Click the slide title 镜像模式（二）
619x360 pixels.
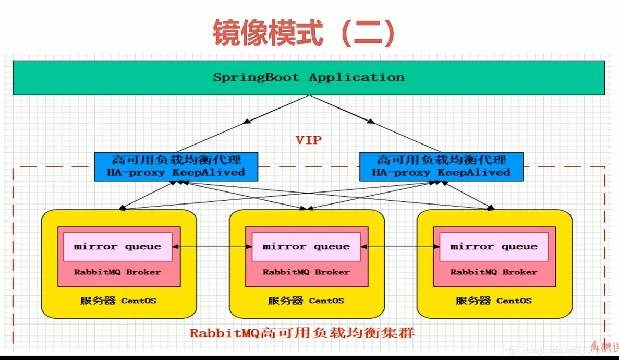coord(304,33)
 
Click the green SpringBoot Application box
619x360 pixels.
coord(308,78)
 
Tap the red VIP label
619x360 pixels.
coord(309,140)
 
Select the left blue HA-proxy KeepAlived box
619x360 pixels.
coord(176,166)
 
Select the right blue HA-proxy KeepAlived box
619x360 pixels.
coord(441,166)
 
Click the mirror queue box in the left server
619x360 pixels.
coord(117,246)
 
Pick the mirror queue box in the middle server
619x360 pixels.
coord(306,246)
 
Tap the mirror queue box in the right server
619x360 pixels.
coord(494,246)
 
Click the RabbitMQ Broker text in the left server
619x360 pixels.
coord(117,272)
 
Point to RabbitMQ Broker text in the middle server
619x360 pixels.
coord(306,272)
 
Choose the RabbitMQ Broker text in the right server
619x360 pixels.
coord(494,272)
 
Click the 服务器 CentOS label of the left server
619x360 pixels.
coord(118,301)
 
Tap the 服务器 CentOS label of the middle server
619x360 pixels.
coord(306,301)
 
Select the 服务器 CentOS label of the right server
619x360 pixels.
coord(494,301)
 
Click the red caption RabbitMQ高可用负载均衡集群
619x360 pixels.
coord(302,332)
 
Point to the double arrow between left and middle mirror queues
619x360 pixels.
coord(212,246)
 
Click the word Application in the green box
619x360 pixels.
coord(356,77)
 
